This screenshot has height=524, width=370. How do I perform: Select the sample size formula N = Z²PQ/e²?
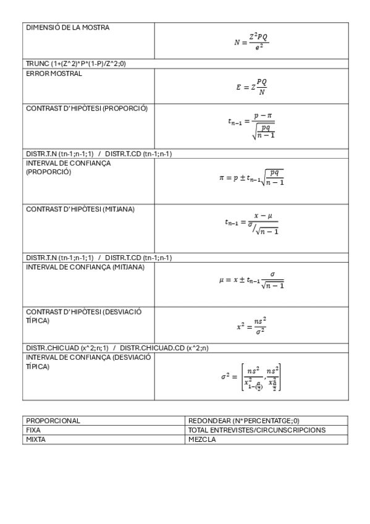point(251,41)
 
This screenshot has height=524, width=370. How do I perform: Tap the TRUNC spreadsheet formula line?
point(76,64)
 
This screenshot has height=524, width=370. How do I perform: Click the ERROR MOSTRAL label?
point(54,73)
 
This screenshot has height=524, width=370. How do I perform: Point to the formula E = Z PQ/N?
point(251,87)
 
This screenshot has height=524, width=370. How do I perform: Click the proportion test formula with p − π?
point(251,125)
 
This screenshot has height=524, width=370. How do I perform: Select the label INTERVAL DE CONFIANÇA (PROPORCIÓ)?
point(69,167)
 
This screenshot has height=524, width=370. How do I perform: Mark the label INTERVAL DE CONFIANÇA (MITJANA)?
point(85,267)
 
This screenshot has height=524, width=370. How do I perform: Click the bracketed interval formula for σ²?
point(251,377)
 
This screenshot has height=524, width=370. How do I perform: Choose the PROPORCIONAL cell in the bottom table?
point(53,420)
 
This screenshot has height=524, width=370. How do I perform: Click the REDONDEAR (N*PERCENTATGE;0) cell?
point(244,420)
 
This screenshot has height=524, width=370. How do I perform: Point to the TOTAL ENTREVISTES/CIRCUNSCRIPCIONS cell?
point(257,429)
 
